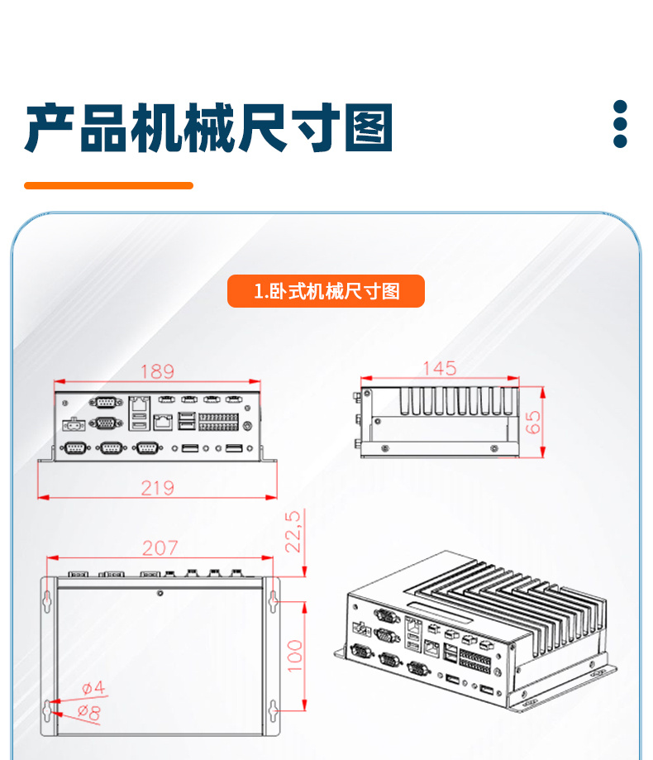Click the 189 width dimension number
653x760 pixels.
(157, 371)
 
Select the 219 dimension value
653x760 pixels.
(157, 488)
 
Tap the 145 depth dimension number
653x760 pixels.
(439, 368)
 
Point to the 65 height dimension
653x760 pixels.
(533, 422)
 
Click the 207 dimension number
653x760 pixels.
(160, 547)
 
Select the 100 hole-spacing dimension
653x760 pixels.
(295, 656)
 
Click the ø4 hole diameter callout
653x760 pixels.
(93, 687)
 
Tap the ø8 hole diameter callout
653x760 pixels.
(89, 710)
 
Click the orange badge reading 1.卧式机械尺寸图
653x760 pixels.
(326, 291)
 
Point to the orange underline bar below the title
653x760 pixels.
(108, 186)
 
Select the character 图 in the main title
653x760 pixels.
(368, 128)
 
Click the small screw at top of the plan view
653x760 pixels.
(160, 592)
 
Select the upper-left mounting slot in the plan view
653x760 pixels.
(46, 600)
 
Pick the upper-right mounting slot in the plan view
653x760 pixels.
(273, 600)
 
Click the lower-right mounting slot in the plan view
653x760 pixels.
(273, 710)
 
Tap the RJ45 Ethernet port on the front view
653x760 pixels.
(162, 422)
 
